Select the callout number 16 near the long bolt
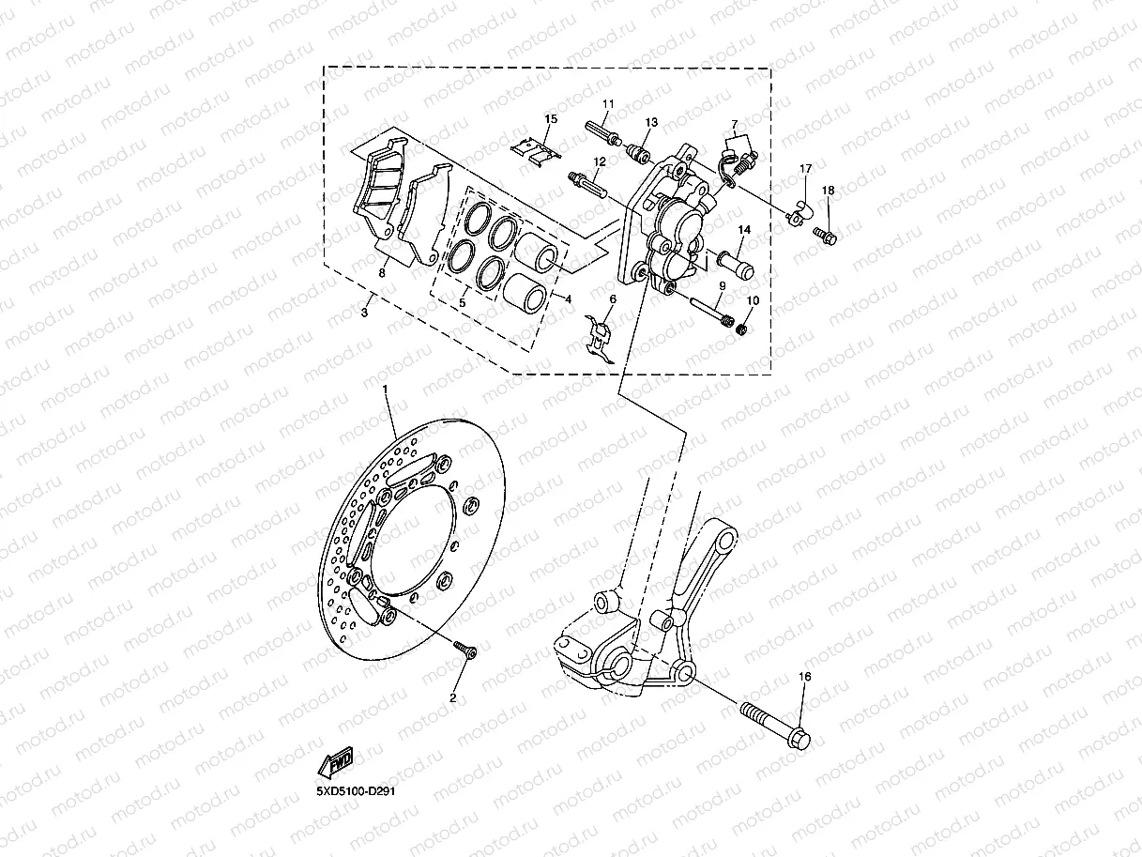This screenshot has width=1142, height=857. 804,677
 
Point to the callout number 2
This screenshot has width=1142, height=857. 452,697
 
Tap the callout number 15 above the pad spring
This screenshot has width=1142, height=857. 551,118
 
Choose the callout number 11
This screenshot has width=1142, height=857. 608,103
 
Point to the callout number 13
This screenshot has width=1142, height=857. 651,123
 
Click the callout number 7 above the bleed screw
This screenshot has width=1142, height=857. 735,124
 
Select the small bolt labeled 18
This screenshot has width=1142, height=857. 824,233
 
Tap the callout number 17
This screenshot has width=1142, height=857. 804,169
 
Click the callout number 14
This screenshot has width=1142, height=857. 744,230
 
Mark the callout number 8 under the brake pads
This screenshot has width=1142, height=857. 382,273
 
